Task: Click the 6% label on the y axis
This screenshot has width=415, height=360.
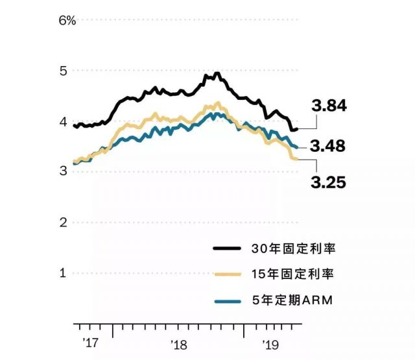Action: click(67, 20)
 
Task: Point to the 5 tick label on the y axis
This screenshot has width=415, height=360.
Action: click(64, 71)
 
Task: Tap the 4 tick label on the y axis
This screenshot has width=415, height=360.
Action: click(64, 121)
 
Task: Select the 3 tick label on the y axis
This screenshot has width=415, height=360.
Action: click(64, 171)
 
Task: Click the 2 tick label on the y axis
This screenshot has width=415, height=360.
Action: click(64, 222)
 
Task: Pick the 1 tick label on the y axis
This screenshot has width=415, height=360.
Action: click(64, 272)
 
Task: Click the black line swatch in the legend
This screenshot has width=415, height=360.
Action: click(228, 248)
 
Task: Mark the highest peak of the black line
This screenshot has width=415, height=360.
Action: click(217, 73)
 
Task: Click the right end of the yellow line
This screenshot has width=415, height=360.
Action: click(297, 159)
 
